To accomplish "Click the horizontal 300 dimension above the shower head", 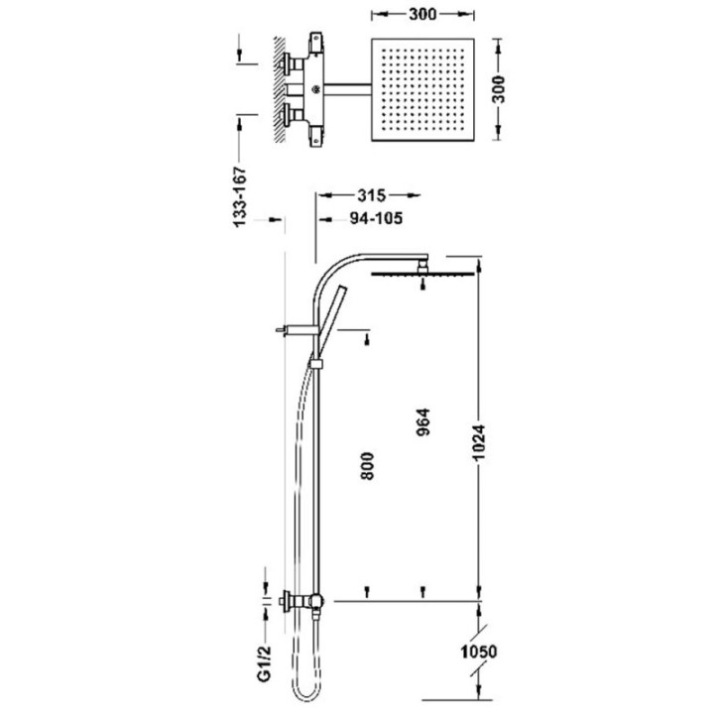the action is coord(422,14).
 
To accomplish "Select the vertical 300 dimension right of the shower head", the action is coord(499,89).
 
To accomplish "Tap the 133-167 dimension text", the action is coord(240,196).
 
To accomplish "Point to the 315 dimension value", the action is coord(371,195).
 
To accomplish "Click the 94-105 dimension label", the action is coord(376,218).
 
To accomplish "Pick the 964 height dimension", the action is coord(423,422).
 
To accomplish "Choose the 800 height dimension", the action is coord(367,466).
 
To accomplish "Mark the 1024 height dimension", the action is coord(479,443).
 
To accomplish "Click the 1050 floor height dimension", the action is coord(479,652).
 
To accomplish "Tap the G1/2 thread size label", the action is coord(265,663).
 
